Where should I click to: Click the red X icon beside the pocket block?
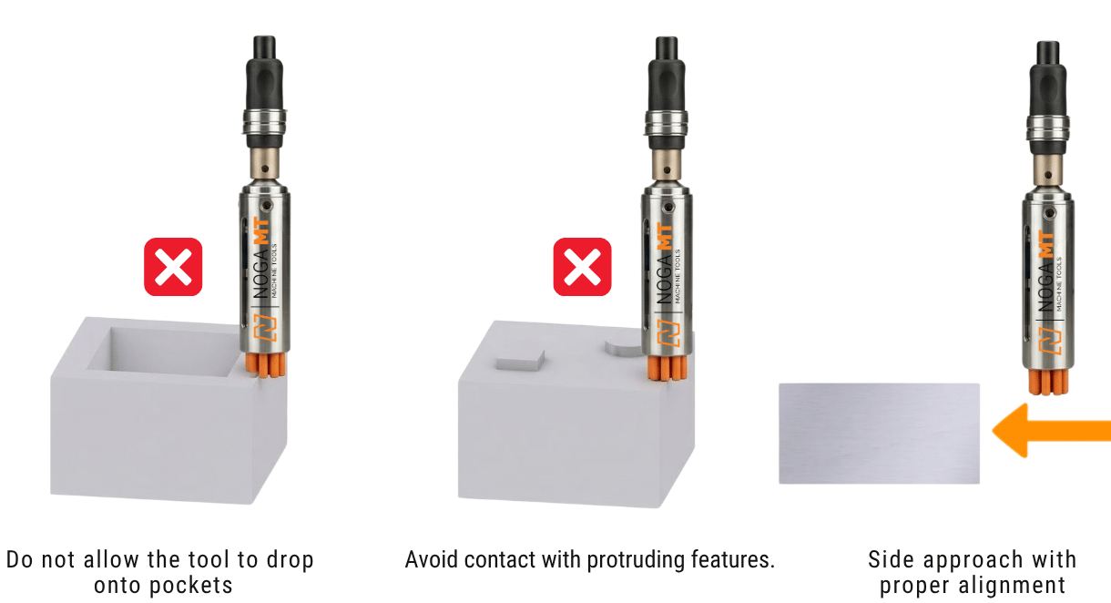(x=173, y=267)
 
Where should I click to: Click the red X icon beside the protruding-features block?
(x=582, y=267)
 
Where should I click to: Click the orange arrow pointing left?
(x=1052, y=430)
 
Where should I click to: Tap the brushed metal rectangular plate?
(x=879, y=434)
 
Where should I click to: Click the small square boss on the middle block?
(x=520, y=360)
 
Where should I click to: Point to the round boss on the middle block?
(x=624, y=348)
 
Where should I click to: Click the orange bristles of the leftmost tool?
(x=266, y=365)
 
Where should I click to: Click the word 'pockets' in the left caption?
(x=163, y=586)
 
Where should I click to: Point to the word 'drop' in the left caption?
(x=290, y=561)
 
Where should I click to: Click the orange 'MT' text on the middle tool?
(x=665, y=236)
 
